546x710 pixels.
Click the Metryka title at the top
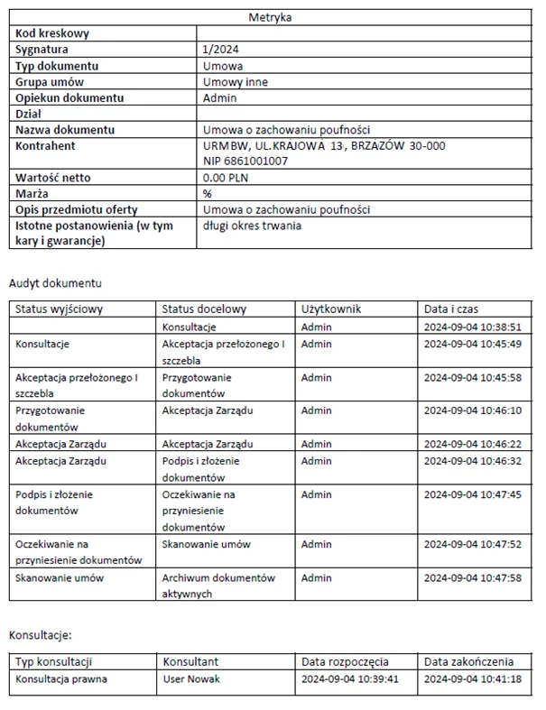point(272,16)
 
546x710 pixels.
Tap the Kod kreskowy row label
point(51,34)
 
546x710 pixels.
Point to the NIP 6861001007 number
point(245,161)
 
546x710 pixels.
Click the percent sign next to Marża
point(208,194)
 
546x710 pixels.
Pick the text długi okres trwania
point(253,226)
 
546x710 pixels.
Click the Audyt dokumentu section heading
point(55,283)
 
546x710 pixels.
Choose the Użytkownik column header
point(331,309)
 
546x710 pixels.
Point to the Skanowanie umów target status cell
point(207,545)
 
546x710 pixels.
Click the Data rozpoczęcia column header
point(345,662)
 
